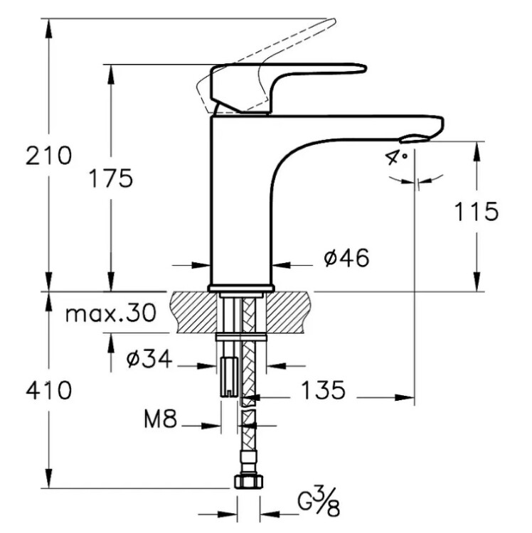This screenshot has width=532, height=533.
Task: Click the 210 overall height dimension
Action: [x=48, y=156]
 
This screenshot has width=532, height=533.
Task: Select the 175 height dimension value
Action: [x=110, y=178]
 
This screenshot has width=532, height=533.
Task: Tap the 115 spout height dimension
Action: [x=477, y=212]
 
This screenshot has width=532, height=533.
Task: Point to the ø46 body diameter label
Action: [x=346, y=258]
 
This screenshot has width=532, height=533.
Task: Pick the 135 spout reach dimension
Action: [x=324, y=390]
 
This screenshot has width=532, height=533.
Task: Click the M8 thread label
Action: [x=160, y=419]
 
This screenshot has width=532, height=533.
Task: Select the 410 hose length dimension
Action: [x=48, y=390]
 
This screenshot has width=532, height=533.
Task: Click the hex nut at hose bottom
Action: [x=249, y=481]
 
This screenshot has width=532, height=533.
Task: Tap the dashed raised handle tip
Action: [x=331, y=23]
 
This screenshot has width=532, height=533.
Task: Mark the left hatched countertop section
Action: [x=193, y=312]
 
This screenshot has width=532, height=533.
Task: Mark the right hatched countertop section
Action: [x=289, y=312]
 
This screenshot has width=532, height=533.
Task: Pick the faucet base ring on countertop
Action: [x=241, y=288]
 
